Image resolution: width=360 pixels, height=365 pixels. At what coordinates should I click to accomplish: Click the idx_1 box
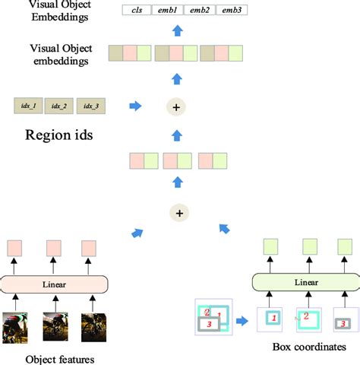[x=28, y=106]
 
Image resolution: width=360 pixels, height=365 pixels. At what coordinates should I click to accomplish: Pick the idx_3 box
[x=91, y=106]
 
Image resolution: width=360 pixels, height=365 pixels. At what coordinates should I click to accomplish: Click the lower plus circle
[x=179, y=214]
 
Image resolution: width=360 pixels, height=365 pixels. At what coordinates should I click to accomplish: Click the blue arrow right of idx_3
[x=135, y=106]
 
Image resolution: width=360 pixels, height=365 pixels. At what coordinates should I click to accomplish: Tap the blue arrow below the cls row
[x=177, y=31]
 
